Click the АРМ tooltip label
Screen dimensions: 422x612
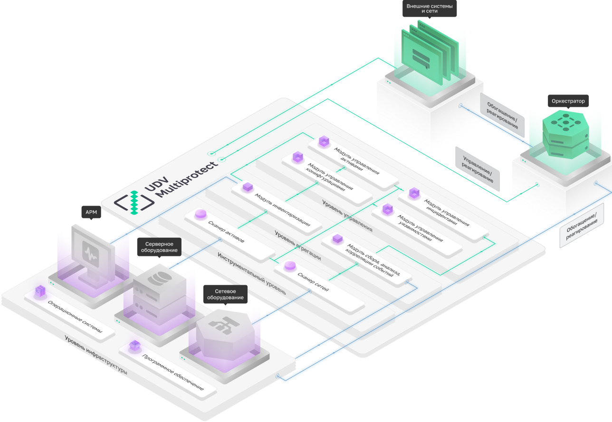(91, 212)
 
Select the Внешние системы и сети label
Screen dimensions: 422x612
(430, 8)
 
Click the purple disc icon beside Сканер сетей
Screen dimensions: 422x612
(290, 266)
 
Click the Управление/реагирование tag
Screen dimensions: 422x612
(478, 169)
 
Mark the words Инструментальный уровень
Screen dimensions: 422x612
(251, 273)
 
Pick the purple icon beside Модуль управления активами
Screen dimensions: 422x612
(324, 141)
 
